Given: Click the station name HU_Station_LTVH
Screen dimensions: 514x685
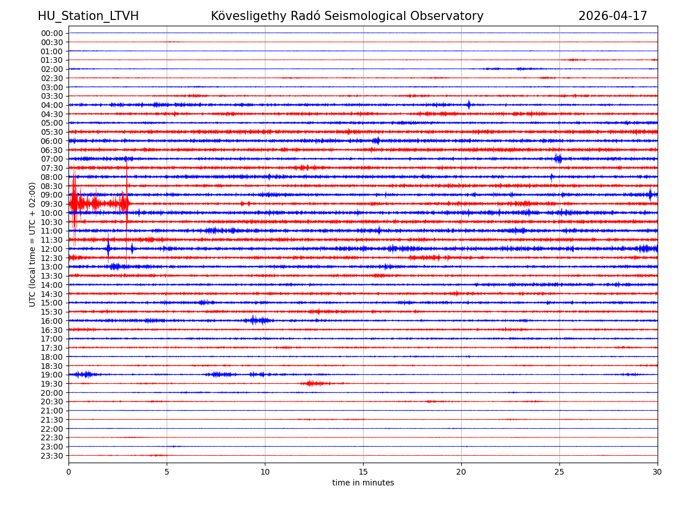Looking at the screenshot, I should [x=88, y=16].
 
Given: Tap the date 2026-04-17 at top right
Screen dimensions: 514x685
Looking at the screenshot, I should [x=613, y=16].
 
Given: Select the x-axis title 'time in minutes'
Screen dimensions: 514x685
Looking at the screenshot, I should [x=363, y=483].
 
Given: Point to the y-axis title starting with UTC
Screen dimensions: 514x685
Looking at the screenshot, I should [x=33, y=244].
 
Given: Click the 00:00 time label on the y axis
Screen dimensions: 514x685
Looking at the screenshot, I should [x=51, y=33].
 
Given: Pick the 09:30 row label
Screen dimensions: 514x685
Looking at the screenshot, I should [x=51, y=204].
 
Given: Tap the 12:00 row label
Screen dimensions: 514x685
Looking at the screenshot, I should [x=51, y=249].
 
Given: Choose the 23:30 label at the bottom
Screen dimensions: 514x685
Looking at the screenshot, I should [x=51, y=456].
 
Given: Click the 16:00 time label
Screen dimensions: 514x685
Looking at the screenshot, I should [x=51, y=321].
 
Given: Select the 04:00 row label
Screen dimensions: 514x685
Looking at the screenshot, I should [x=51, y=105].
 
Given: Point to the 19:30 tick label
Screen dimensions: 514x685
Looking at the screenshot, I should [x=51, y=384].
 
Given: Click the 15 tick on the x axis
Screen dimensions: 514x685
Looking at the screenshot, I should [x=363, y=472].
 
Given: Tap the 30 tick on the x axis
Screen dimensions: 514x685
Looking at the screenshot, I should [x=658, y=472].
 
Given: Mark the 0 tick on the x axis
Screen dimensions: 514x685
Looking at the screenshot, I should [x=68, y=472].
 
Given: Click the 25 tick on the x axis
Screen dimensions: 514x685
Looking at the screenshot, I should [x=559, y=472].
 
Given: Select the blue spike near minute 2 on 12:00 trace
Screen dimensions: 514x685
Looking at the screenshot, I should [x=108, y=248].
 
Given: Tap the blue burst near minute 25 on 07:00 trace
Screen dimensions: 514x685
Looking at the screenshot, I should [x=558, y=159].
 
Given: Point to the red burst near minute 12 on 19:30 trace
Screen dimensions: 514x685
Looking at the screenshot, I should [x=311, y=383].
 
